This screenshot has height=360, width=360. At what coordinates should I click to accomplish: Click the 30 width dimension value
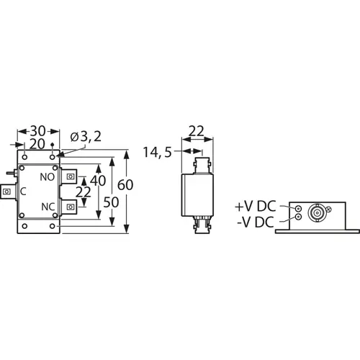pos(37,132)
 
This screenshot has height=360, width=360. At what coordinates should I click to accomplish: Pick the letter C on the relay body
pos(24,192)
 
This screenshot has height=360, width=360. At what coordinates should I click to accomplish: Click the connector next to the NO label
pos(71,176)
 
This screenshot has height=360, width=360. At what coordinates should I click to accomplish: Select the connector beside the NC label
pos(71,207)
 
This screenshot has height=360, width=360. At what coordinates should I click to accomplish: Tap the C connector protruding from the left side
pos(7,192)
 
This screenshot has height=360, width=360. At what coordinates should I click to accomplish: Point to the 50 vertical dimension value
pos(111,204)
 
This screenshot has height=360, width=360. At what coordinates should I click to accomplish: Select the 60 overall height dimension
pos(125,185)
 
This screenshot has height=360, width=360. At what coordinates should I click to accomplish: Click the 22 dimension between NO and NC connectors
pos(84,192)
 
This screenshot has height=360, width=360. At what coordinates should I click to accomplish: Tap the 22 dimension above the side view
pos(196,132)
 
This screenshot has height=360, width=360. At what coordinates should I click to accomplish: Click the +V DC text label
pos(253,207)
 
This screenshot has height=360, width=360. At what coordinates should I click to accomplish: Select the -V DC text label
pos(253,222)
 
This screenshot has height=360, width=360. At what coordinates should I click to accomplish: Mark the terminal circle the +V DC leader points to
pos(297,207)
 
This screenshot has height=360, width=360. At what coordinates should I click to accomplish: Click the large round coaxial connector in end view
pos(316,212)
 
